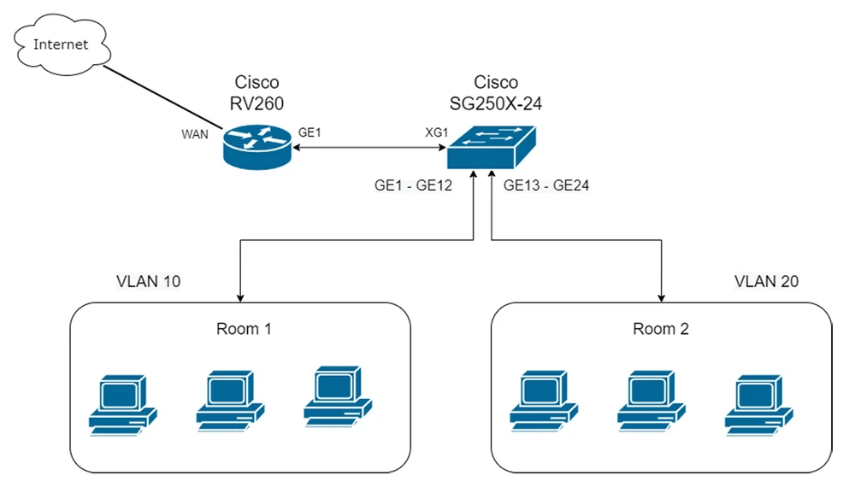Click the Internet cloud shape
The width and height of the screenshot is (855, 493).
click(x=61, y=44)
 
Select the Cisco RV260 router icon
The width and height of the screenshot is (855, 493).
click(x=256, y=146)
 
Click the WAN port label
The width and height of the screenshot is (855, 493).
click(x=194, y=136)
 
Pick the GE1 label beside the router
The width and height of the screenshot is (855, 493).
click(x=310, y=133)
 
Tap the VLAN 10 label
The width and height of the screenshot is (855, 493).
click(x=148, y=281)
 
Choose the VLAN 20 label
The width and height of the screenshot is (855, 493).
click(x=766, y=281)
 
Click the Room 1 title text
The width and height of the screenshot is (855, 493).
click(x=244, y=329)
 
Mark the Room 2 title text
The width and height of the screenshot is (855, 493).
click(x=660, y=329)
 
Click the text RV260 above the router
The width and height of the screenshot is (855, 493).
click(x=256, y=103)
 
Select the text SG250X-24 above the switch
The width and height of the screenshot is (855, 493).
click(x=484, y=103)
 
